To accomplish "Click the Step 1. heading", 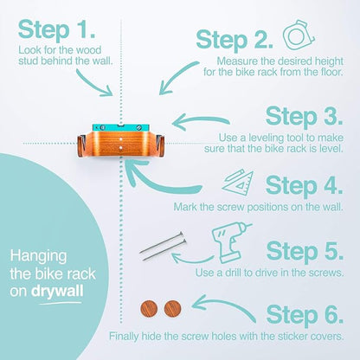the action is click(x=57, y=29).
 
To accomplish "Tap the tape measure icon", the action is click(x=299, y=35).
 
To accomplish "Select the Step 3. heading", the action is click(x=304, y=116).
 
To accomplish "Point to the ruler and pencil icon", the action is click(x=238, y=182).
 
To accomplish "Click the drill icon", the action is click(x=231, y=242).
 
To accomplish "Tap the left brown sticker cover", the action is click(x=149, y=309).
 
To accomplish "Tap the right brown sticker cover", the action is click(x=172, y=309).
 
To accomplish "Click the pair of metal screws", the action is click(x=163, y=246).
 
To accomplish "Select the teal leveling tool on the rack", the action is click(x=121, y=127).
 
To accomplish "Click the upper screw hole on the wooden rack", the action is click(x=121, y=139).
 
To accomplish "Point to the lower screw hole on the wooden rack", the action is click(x=121, y=148).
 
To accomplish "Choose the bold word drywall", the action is click(x=57, y=291).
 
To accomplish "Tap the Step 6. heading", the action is click(x=305, y=315).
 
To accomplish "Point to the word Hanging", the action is click(x=38, y=257).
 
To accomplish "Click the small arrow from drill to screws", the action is click(x=191, y=259).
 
